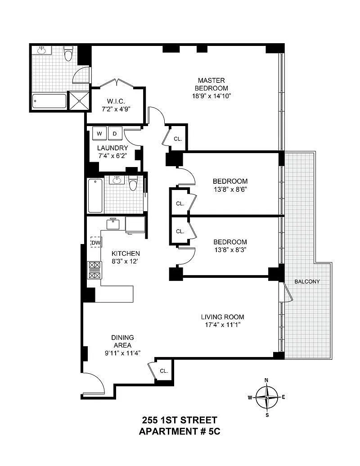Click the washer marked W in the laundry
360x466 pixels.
pyautogui.click(x=99, y=134)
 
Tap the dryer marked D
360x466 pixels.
pyautogui.click(x=115, y=134)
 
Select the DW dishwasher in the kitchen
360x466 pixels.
pyautogui.click(x=96, y=243)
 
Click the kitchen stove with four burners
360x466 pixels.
pyautogui.click(x=94, y=270)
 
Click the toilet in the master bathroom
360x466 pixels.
pyautogui.click(x=68, y=54)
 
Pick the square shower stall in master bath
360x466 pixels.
pyautogui.click(x=79, y=100)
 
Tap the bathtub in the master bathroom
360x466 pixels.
pyautogui.click(x=49, y=102)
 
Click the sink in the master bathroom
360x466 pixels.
pyautogui.click(x=41, y=50)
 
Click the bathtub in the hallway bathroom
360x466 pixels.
pyautogui.click(x=95, y=195)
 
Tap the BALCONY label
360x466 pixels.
pyautogui.click(x=307, y=281)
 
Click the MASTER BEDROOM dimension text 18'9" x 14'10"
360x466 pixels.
pyautogui.click(x=211, y=96)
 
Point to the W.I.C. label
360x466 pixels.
pyautogui.click(x=116, y=101)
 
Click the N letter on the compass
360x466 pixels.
pyautogui.click(x=266, y=380)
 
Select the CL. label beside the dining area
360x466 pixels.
pyautogui.click(x=164, y=371)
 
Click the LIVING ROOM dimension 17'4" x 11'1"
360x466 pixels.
pyautogui.click(x=222, y=325)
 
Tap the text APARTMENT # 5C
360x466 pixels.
pyautogui.click(x=180, y=431)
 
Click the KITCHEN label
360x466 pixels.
pyautogui.click(x=126, y=253)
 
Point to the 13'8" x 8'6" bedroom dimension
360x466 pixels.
pyautogui.click(x=230, y=189)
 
